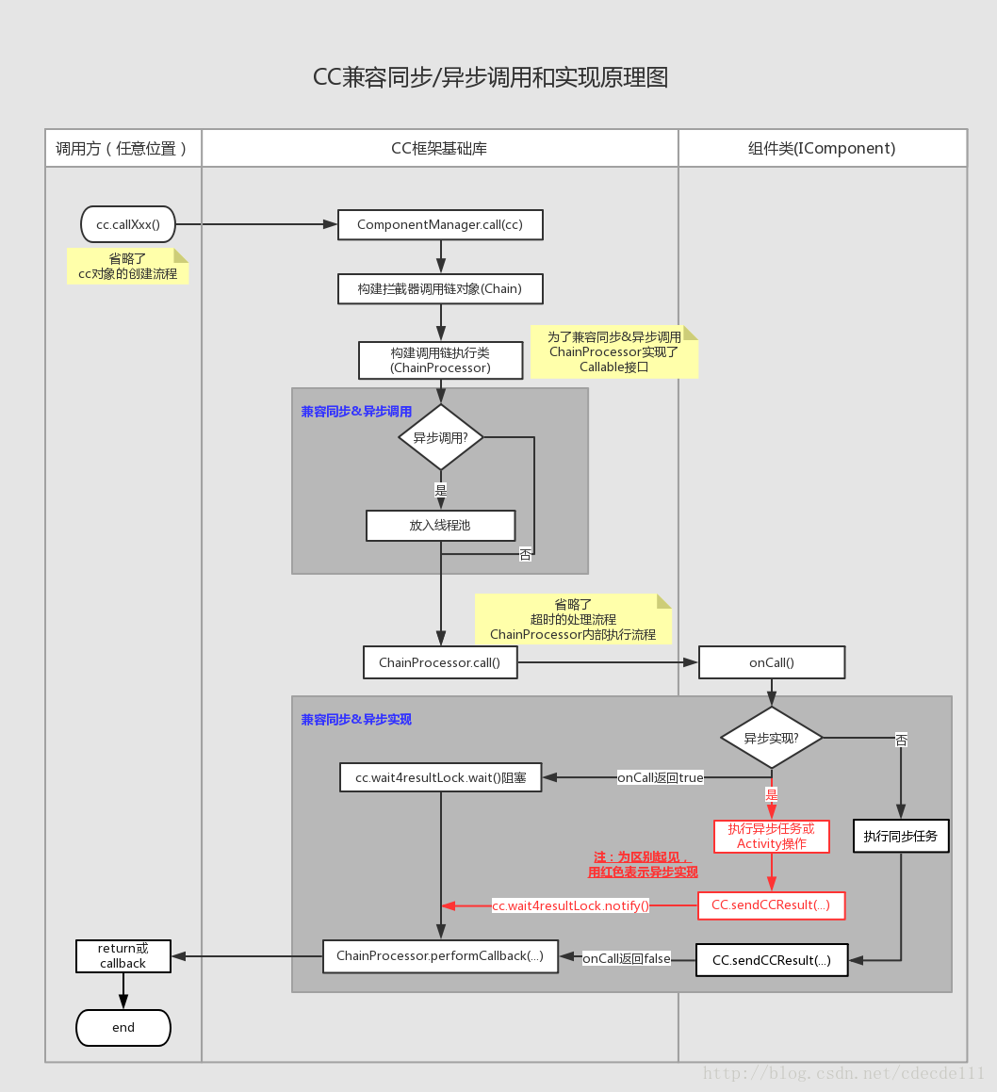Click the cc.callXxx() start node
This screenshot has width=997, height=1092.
coord(128,224)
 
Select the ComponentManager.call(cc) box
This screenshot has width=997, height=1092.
coord(440,224)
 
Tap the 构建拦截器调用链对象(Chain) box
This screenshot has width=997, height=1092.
coord(440,288)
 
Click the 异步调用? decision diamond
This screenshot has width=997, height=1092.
coord(440,437)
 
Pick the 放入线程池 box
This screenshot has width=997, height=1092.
coord(440,525)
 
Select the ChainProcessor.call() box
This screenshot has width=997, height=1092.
coord(440,662)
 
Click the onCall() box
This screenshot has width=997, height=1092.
coord(772,662)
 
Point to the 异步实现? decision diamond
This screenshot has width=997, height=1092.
coord(772,737)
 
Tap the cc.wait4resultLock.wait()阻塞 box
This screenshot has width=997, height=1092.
coord(440,777)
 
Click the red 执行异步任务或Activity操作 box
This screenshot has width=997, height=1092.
coord(772,836)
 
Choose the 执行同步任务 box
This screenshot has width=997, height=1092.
coord(901,836)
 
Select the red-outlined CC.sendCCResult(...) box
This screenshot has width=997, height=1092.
coord(771,905)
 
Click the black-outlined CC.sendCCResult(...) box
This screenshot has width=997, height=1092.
coord(771,960)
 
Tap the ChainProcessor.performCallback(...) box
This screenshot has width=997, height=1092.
coord(440,955)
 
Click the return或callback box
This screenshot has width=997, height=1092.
coord(123,955)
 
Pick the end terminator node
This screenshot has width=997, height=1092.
coord(123,1027)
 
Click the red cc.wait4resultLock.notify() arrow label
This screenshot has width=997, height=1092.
coord(571,905)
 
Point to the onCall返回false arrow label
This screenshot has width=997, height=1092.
coord(627,958)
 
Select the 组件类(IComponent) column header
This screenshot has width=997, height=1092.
coord(822,148)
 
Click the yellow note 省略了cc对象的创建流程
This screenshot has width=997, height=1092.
coord(127,267)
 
